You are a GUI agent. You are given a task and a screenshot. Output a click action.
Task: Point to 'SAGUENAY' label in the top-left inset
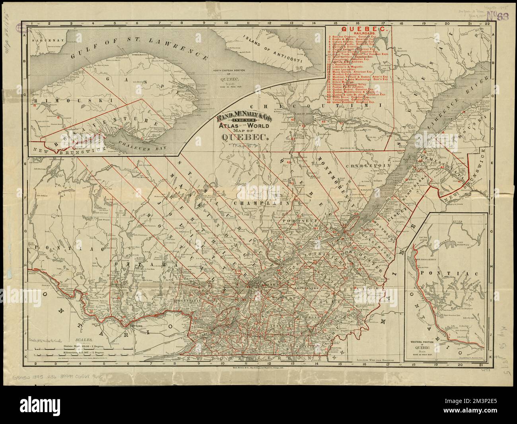pos(44,40)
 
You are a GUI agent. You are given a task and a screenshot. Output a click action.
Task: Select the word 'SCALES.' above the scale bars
pos(84,340)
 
